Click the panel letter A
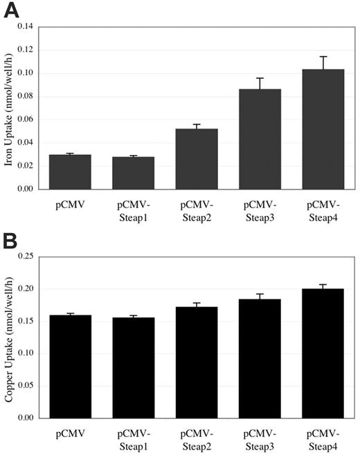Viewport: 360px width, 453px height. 12,11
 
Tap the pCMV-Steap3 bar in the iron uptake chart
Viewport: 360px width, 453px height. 260,139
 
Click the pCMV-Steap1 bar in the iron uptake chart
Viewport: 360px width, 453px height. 133,173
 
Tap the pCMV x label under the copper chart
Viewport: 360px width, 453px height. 70,434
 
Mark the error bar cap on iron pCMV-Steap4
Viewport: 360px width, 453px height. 323,57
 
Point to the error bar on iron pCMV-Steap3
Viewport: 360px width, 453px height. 260,84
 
